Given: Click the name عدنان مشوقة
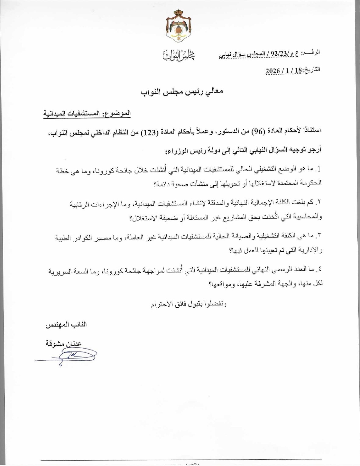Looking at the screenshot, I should tap(63, 344).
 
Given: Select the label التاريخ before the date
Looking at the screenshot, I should tap(311, 70).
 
